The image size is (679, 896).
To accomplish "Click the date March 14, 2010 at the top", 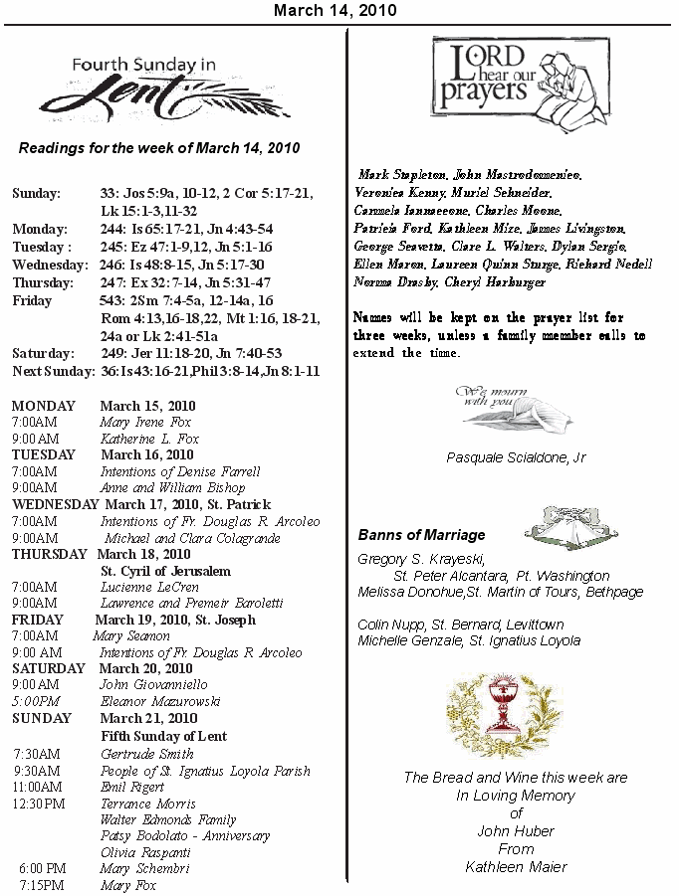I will tap(335, 11).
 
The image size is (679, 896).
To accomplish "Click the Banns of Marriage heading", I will tap(421, 535).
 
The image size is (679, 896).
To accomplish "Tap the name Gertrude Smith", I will tap(147, 755).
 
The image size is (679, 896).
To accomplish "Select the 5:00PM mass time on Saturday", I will tap(35, 701).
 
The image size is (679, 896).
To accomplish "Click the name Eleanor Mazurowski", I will tap(160, 701).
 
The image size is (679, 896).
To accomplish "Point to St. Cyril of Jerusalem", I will tap(165, 572).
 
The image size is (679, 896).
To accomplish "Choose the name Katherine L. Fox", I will tap(149, 439).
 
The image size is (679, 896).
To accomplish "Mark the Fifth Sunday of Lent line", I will tap(164, 737).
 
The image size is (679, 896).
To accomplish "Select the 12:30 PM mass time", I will tap(39, 804).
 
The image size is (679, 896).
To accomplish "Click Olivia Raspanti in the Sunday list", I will tap(145, 852).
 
